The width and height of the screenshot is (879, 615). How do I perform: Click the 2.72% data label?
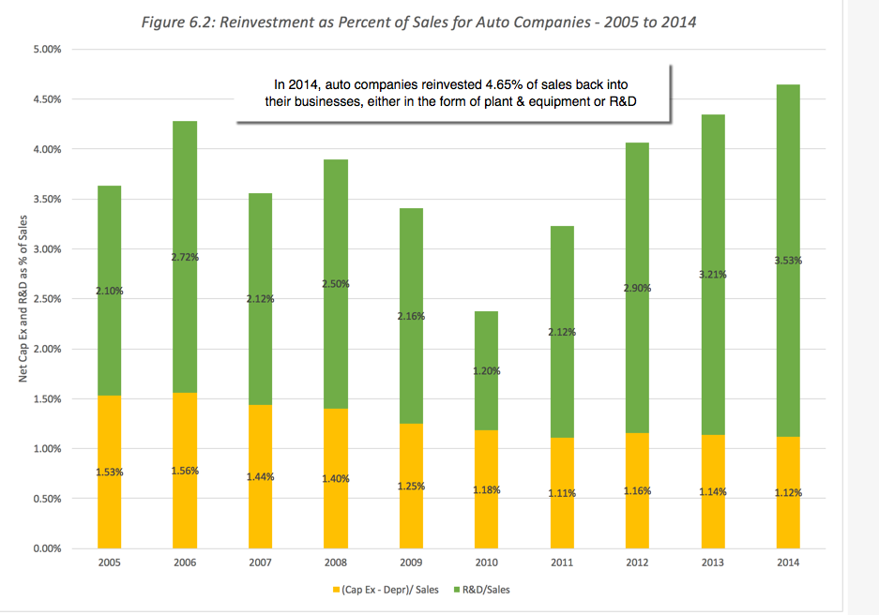185,256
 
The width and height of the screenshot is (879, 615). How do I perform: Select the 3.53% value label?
787,261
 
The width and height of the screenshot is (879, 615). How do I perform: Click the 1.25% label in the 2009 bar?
411,486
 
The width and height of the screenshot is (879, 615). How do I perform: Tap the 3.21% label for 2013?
712,275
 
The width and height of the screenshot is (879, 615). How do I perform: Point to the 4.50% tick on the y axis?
46,99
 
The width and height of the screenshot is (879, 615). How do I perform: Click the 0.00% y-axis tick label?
46,548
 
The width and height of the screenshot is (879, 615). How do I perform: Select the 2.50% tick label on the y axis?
46,299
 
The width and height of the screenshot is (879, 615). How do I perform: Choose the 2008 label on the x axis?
335,564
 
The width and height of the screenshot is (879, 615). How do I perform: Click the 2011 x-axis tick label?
561,564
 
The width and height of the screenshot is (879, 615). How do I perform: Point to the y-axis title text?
23,299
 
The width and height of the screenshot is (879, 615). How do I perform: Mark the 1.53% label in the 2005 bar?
110,472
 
